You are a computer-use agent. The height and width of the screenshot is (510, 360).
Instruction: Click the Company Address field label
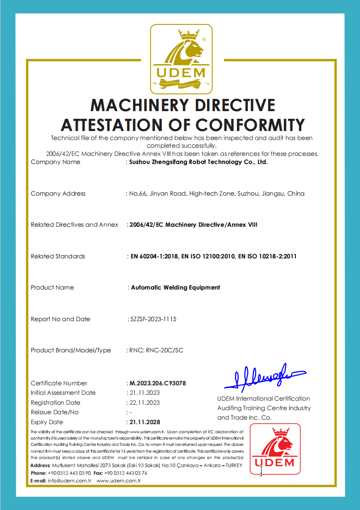pyautogui.click(x=58, y=193)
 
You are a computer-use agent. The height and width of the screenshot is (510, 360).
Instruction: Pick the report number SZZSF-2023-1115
pyautogui.click(x=153, y=319)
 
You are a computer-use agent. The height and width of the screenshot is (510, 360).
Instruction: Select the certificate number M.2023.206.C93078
pyautogui.click(x=158, y=383)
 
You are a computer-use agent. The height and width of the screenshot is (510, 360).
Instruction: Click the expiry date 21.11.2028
pyautogui.click(x=145, y=422)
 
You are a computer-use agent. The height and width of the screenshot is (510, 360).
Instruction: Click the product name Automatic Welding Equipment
pyautogui.click(x=175, y=287)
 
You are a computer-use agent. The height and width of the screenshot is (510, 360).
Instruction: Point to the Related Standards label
pyautogui.click(x=58, y=256)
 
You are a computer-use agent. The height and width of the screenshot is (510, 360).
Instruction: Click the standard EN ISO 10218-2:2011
pyautogui.click(x=267, y=256)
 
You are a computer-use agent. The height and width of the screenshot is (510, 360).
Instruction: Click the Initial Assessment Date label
pyautogui.click(x=63, y=393)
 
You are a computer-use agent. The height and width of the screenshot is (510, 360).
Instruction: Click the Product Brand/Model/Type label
pyautogui.click(x=70, y=350)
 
